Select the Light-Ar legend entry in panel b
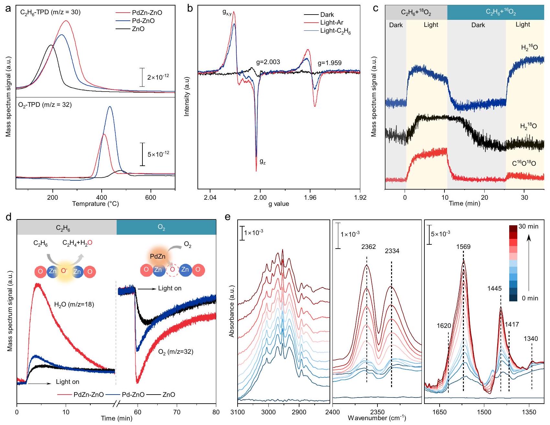click(x=331, y=23)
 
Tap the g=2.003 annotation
click(x=268, y=62)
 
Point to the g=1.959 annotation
click(x=330, y=63)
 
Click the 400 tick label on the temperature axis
click(x=102, y=198)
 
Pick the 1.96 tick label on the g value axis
click(x=310, y=198)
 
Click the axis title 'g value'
click(x=279, y=204)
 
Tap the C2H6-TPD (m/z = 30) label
click(x=48, y=13)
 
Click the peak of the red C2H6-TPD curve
click(x=66, y=21)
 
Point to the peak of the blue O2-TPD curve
click(x=110, y=106)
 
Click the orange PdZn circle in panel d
click(x=158, y=257)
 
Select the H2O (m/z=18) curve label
click(x=74, y=304)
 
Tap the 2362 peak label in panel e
click(x=369, y=247)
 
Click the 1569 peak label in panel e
click(x=464, y=247)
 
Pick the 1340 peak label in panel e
click(x=531, y=339)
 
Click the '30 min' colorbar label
click(x=528, y=227)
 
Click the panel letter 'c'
click(x=376, y=8)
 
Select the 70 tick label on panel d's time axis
click(x=177, y=412)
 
